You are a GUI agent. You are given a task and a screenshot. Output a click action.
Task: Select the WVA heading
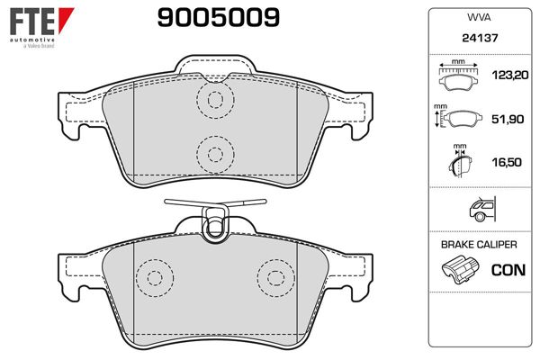click(478, 17)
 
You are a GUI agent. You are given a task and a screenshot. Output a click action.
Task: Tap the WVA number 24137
click(478, 40)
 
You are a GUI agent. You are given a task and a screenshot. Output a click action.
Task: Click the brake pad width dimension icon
click(460, 77)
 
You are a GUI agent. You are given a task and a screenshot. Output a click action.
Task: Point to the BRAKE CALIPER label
click(478, 244)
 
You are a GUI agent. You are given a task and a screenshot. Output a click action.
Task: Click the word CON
click(508, 269)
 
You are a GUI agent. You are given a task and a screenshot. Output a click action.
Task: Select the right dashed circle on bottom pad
click(274, 276)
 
